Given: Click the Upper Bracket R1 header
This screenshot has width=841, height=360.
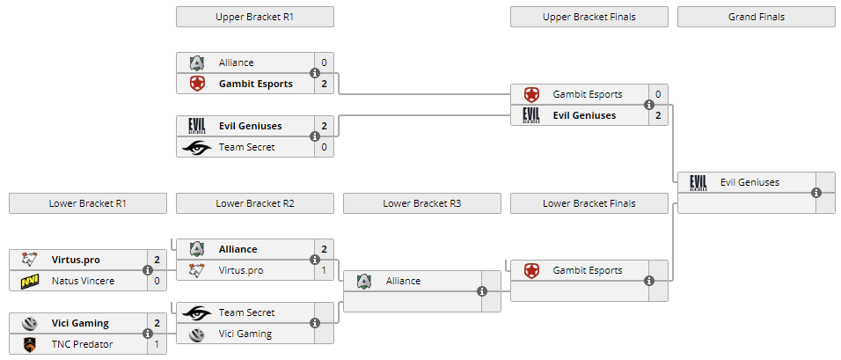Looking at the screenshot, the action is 255,17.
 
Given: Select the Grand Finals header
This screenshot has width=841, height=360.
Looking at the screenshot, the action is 757,17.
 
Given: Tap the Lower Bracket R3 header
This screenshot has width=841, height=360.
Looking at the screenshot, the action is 422,203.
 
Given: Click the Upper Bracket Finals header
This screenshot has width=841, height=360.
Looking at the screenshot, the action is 589,17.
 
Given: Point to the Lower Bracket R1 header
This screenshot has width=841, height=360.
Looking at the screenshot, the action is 88,203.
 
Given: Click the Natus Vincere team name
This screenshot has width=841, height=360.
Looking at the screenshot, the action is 84,281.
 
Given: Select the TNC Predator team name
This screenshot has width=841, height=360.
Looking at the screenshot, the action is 83,344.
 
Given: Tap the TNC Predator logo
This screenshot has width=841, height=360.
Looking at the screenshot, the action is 30,344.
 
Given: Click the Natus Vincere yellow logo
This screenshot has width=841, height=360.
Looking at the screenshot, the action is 30,281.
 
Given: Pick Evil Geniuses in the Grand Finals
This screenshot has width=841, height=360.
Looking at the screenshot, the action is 750,182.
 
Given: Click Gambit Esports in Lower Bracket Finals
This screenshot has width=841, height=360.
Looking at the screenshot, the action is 588,270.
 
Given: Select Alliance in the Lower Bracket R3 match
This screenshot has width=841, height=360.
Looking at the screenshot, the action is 403,281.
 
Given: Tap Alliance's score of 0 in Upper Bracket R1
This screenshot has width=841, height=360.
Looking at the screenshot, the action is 324,62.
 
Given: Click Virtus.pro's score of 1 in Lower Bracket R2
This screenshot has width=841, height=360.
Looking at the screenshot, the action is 324,270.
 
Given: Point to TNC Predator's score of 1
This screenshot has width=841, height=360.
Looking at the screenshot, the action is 157,344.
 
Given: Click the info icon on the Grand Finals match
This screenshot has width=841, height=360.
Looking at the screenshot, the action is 816,193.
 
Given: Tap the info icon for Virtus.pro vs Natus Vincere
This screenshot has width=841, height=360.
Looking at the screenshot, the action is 148,270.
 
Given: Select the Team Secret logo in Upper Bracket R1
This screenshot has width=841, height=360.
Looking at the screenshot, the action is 197,148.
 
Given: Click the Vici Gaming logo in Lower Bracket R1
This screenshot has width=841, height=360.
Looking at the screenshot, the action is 30,323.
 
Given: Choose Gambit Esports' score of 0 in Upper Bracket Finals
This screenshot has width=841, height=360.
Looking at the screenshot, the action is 658,94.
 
